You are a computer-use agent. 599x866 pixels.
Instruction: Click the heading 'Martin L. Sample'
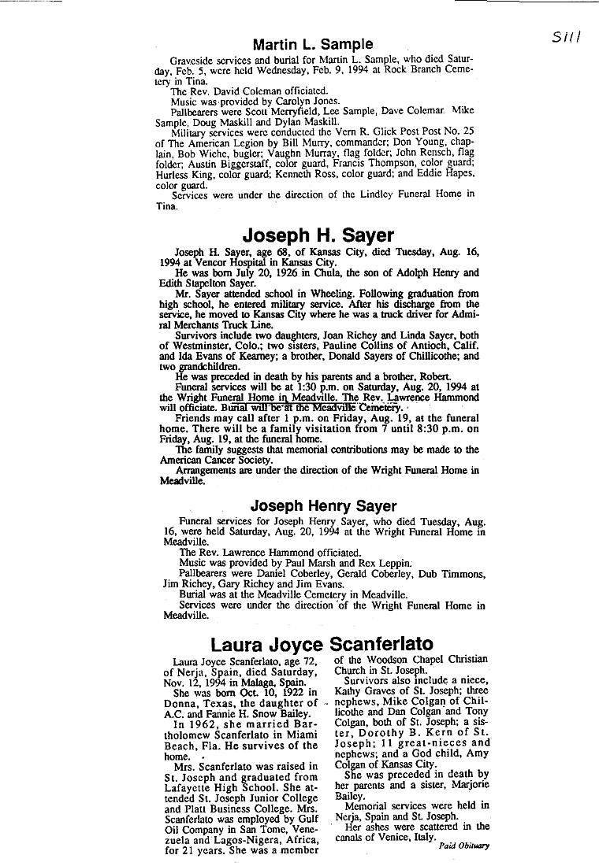(313, 44)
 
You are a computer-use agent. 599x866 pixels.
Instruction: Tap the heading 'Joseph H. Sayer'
(318, 235)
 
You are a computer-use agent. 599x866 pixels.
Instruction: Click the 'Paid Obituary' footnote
(464, 846)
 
